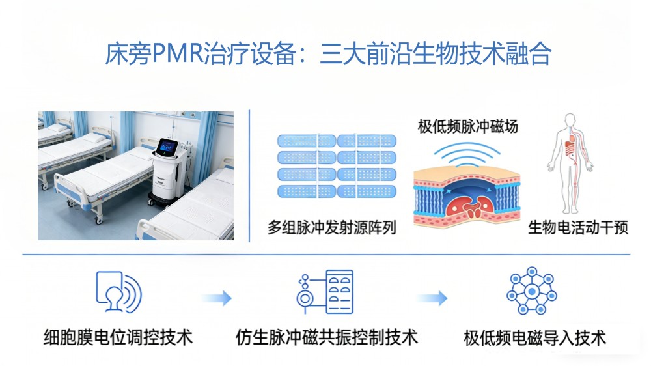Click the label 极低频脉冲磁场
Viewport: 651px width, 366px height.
pyautogui.click(x=468, y=126)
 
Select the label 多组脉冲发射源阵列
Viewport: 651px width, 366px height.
pyautogui.click(x=332, y=228)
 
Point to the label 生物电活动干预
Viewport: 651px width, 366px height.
pyautogui.click(x=577, y=228)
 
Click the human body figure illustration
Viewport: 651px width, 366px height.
pyautogui.click(x=570, y=163)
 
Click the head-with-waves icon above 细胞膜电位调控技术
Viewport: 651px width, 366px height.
pyautogui.click(x=118, y=291)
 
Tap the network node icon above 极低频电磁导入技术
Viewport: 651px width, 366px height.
pyautogui.click(x=533, y=291)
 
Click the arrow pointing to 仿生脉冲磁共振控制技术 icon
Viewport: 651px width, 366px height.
pyautogui.click(x=217, y=299)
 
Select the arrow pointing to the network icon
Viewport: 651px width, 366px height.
pyautogui.click(x=432, y=299)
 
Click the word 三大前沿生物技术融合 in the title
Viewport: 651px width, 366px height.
pyautogui.click(x=436, y=53)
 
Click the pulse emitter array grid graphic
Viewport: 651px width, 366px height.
pyautogui.click(x=336, y=166)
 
